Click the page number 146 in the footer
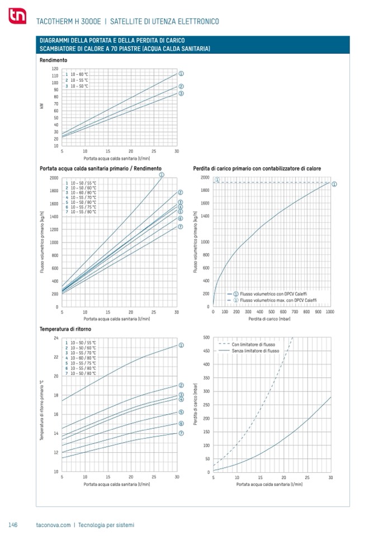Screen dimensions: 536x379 (x=14, y=525)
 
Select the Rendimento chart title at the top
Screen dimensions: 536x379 (x=54, y=60)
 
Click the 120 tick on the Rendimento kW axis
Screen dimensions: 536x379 (x=55, y=68)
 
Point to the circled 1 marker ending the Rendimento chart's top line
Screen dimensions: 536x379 (x=181, y=73)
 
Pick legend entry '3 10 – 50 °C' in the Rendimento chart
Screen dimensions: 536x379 (x=77, y=86)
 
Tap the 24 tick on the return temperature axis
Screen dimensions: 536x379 (x=55, y=338)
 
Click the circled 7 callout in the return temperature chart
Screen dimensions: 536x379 (x=181, y=433)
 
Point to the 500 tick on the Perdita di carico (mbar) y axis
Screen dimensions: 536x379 (x=206, y=338)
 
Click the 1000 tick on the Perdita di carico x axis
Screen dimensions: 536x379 (x=329, y=311)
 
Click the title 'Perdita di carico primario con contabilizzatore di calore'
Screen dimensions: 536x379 (x=257, y=168)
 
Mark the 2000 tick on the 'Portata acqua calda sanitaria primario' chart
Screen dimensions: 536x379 (x=54, y=178)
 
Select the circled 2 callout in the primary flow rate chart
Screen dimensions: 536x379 (x=181, y=192)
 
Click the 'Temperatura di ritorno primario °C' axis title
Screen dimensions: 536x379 (x=41, y=411)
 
